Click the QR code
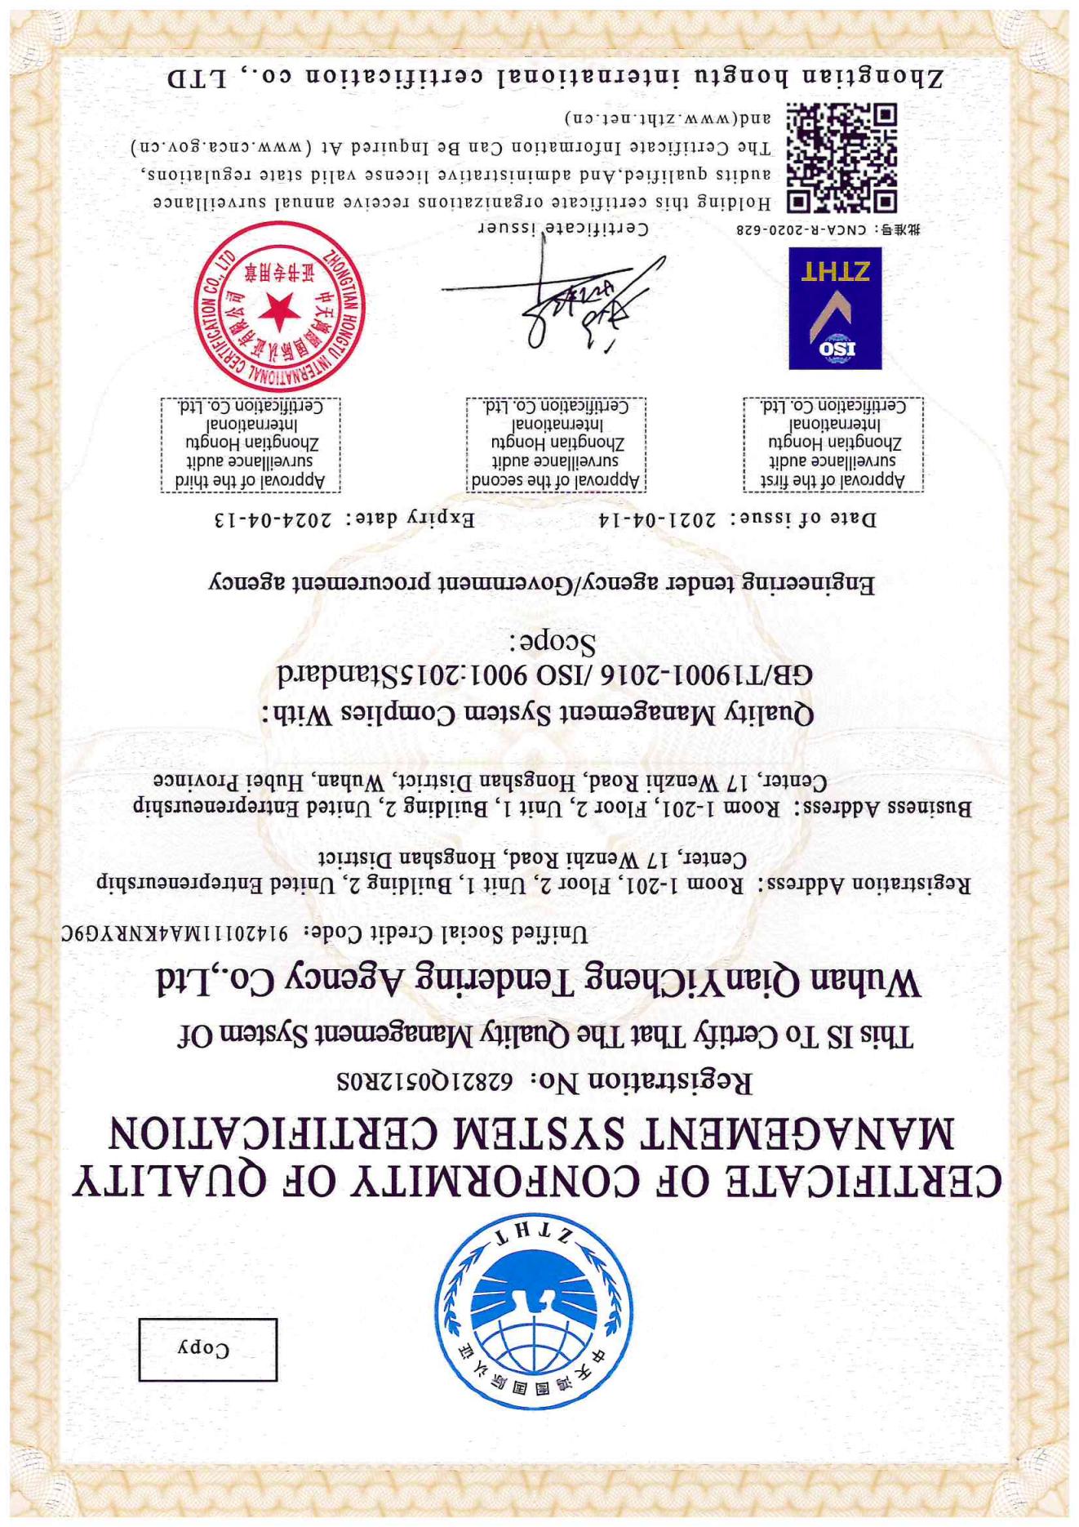pos(841,158)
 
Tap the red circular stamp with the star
pos(280,307)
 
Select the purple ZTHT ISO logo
pos(835,309)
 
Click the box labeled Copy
pos(207,1349)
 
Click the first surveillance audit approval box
pos(833,444)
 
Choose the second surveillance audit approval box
pos(556,444)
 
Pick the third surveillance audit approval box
pos(250,444)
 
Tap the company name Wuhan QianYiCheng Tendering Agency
pos(539,981)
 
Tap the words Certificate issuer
pos(562,229)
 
